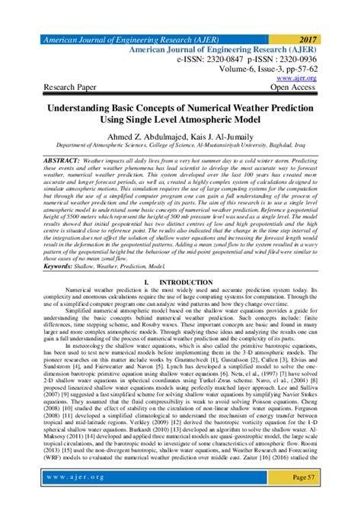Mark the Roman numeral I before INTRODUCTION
point(143,281)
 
